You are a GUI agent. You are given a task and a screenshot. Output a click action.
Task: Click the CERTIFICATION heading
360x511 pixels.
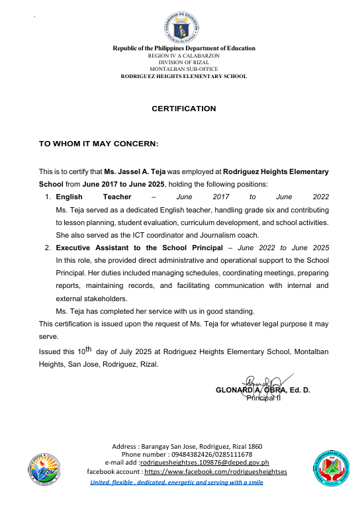184,109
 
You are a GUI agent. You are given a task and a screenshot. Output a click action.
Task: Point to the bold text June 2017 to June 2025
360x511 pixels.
124,183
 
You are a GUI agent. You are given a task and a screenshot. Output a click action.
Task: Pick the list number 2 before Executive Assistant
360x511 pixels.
48,248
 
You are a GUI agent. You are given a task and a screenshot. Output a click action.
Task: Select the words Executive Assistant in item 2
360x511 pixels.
92,248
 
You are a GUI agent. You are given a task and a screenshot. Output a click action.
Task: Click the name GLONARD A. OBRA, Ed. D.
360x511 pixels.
263,391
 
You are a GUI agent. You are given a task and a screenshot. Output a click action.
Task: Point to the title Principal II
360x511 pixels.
264,398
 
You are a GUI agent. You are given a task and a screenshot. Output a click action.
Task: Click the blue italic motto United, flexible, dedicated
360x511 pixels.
177,482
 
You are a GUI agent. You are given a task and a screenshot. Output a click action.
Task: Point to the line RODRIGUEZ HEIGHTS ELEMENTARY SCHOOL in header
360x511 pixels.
183,77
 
